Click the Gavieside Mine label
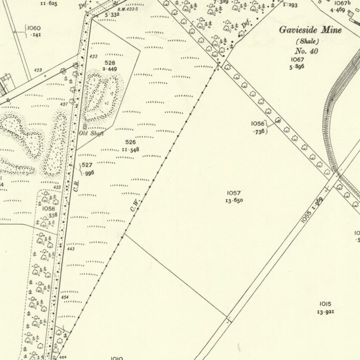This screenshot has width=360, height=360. [310, 30]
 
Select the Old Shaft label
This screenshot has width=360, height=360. [92, 133]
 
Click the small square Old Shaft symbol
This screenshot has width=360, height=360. [85, 127]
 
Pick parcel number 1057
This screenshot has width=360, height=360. [234, 193]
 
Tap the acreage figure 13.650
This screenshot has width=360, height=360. [234, 200]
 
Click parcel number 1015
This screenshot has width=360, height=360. [325, 304]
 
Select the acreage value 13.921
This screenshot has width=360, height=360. [325, 312]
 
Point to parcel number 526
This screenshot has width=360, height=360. [131, 142]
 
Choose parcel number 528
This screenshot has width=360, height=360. [110, 63]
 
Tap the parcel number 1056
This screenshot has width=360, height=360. [258, 123]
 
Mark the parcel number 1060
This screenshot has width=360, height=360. [34, 28]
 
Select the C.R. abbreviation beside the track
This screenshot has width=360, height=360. [76, 184]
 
